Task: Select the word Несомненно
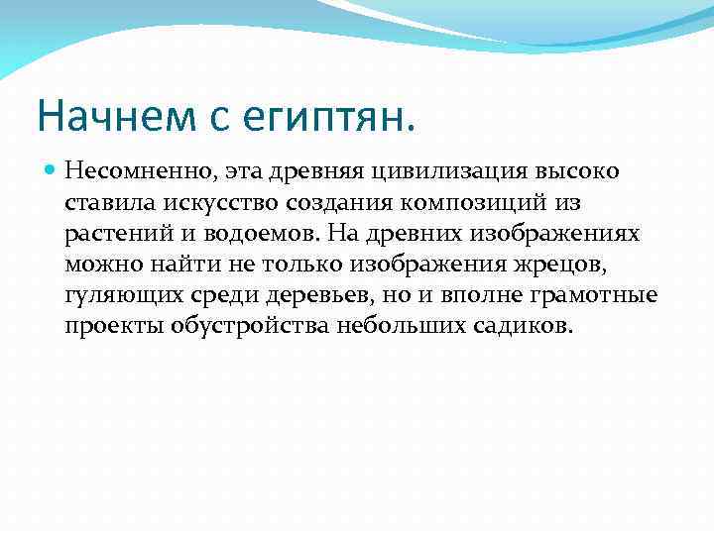pyautogui.click(x=135, y=171)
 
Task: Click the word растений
pyautogui.click(x=111, y=234)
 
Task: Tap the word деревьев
pyautogui.click(x=297, y=296)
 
